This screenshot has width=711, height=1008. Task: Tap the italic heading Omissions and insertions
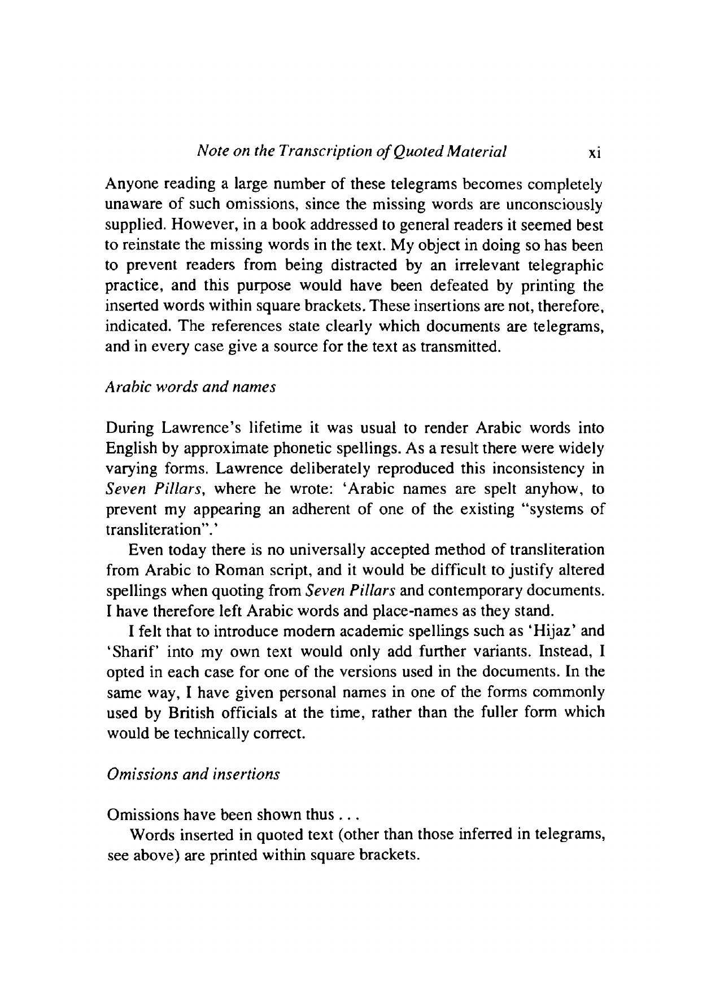(x=193, y=774)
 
